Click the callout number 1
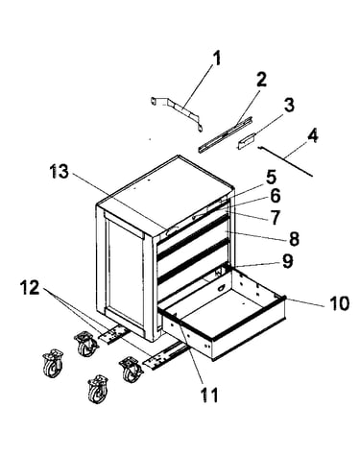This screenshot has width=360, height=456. (217, 59)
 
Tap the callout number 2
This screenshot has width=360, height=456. (261, 80)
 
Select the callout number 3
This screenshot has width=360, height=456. (289, 105)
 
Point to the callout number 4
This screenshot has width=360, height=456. (313, 135)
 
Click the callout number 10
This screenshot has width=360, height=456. (339, 303)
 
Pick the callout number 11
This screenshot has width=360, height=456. (208, 395)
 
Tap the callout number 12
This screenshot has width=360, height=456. (30, 287)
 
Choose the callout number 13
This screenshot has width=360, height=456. (59, 172)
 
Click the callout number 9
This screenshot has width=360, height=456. (288, 261)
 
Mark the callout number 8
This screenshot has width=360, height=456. (294, 238)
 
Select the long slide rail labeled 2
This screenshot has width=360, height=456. (225, 134)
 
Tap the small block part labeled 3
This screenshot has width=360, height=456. (246, 141)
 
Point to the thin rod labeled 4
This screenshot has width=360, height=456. (285, 161)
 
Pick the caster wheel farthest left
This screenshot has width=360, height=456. (53, 363)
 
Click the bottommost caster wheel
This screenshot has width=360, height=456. (98, 389)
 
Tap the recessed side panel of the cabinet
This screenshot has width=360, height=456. (126, 272)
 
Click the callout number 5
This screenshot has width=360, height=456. (271, 177)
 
